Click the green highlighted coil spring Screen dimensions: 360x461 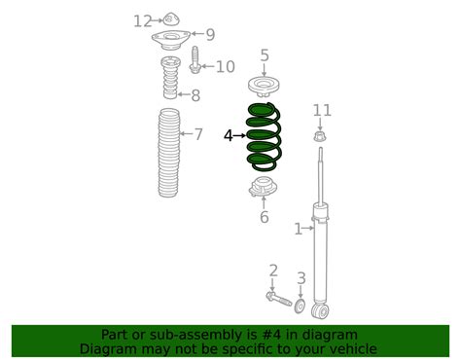(x=265, y=135)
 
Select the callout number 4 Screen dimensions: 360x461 (x=229, y=136)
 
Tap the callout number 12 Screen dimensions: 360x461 (x=143, y=20)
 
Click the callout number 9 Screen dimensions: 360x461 (x=210, y=34)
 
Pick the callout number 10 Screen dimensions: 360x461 (x=225, y=66)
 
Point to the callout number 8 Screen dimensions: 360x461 (x=195, y=94)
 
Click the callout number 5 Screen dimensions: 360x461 (x=264, y=56)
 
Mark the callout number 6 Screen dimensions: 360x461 (x=264, y=217)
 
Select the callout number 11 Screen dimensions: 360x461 (x=322, y=110)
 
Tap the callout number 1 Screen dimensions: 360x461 (x=299, y=229)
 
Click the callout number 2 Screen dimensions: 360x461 (x=273, y=270)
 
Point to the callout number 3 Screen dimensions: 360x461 (x=301, y=278)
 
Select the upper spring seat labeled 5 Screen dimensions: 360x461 (x=264, y=85)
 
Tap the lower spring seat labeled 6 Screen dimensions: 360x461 (x=264, y=189)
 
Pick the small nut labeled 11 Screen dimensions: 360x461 (x=320, y=136)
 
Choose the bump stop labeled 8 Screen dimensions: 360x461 (x=168, y=79)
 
